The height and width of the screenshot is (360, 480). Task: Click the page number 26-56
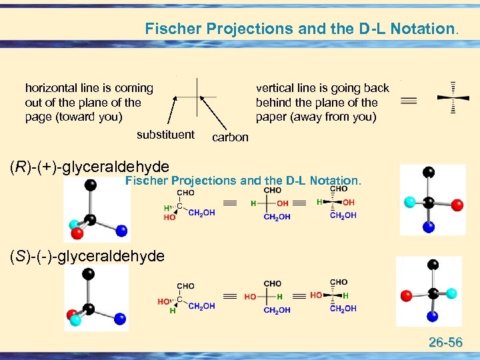click(446, 343)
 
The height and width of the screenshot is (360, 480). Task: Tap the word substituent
click(165, 135)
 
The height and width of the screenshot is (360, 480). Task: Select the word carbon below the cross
click(229, 137)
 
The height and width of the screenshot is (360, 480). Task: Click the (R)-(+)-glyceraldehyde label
click(89, 166)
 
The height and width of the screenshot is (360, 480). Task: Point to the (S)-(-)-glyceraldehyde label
click(87, 255)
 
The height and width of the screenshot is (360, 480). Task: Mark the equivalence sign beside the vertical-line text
click(409, 100)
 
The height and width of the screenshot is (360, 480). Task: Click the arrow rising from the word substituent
click(171, 110)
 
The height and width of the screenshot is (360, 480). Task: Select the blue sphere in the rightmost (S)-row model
click(433, 315)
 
